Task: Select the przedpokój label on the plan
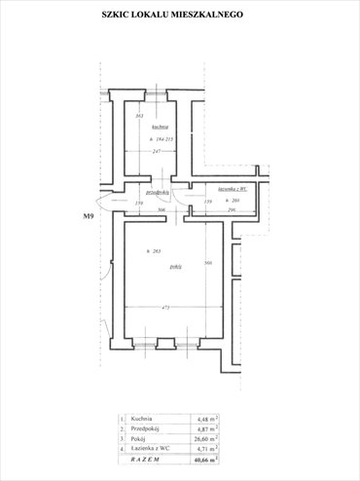pos(158,193)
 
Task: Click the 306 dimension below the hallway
pos(162,210)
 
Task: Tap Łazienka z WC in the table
pos(150,448)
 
